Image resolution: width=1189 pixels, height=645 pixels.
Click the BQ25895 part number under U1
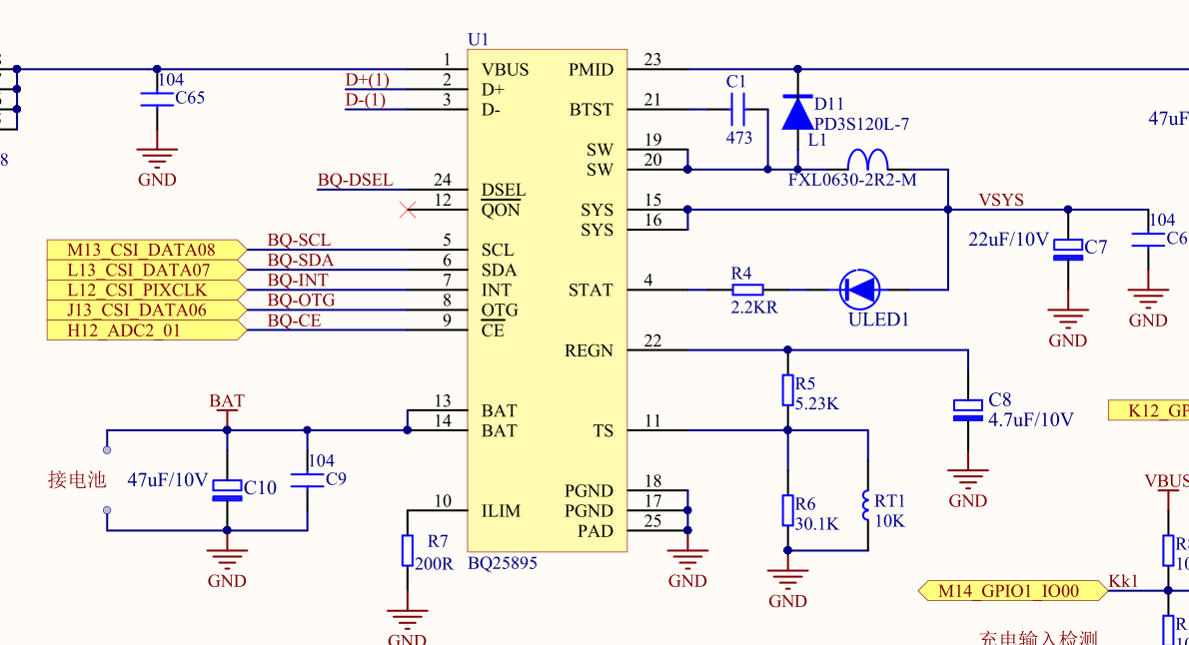click(x=503, y=563)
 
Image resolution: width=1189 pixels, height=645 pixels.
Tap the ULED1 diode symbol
click(x=860, y=290)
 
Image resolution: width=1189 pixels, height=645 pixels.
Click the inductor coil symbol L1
click(x=867, y=161)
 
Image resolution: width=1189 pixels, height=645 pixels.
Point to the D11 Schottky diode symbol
click(x=797, y=112)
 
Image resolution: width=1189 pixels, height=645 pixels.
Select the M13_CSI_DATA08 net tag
click(x=146, y=250)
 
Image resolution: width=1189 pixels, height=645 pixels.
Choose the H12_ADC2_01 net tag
click(x=146, y=330)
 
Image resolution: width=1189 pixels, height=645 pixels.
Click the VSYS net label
click(x=1001, y=200)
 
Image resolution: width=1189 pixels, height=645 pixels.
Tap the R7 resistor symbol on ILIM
click(x=408, y=550)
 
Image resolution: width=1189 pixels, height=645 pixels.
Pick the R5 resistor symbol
click(x=787, y=390)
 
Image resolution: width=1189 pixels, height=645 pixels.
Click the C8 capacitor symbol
click(x=967, y=409)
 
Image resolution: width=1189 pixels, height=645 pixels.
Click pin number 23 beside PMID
click(x=652, y=60)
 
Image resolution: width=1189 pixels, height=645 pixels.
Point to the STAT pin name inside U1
click(x=591, y=291)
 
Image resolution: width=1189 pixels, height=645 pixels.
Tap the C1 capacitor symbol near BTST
click(x=738, y=109)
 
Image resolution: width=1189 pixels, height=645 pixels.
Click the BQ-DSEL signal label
click(x=355, y=181)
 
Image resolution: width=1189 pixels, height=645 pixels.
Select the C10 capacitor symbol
click(x=227, y=488)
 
